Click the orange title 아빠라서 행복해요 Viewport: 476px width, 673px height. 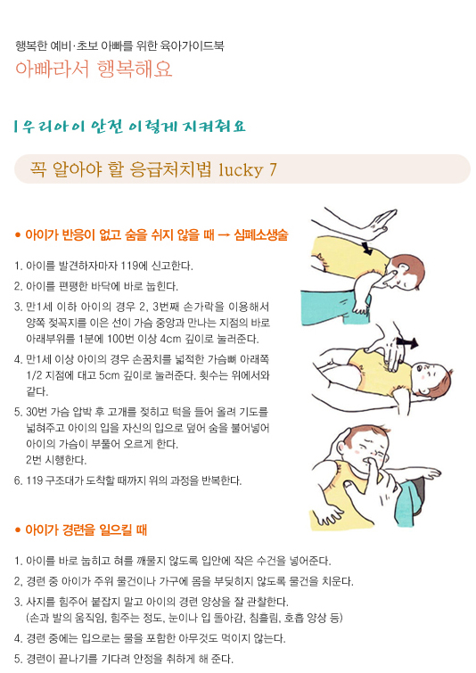(x=94, y=70)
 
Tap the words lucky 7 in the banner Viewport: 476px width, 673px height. (x=248, y=170)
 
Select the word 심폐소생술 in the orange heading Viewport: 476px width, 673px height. (x=261, y=234)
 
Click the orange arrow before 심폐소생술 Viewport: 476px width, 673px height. (x=224, y=235)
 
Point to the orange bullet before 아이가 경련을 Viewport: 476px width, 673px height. (x=18, y=530)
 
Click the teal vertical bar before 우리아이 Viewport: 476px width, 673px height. (x=16, y=127)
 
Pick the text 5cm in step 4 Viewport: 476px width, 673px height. (x=109, y=375)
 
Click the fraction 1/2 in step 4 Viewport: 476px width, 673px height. (x=34, y=375)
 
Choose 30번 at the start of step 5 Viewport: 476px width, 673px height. (x=37, y=412)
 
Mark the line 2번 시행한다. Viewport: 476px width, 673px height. (x=56, y=460)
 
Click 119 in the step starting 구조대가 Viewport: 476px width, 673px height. (x=35, y=480)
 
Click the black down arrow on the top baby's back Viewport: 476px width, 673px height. (x=367, y=248)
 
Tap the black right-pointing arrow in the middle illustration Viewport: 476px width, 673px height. (x=406, y=342)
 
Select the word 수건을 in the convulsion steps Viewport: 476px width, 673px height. (x=271, y=561)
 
